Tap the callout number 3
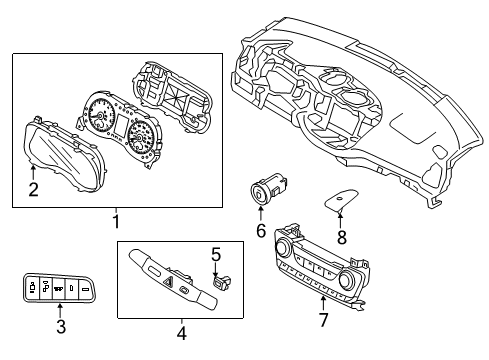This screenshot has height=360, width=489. point(61,326)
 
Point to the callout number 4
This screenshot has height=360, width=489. point(181,332)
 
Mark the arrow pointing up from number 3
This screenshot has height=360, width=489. point(61,308)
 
